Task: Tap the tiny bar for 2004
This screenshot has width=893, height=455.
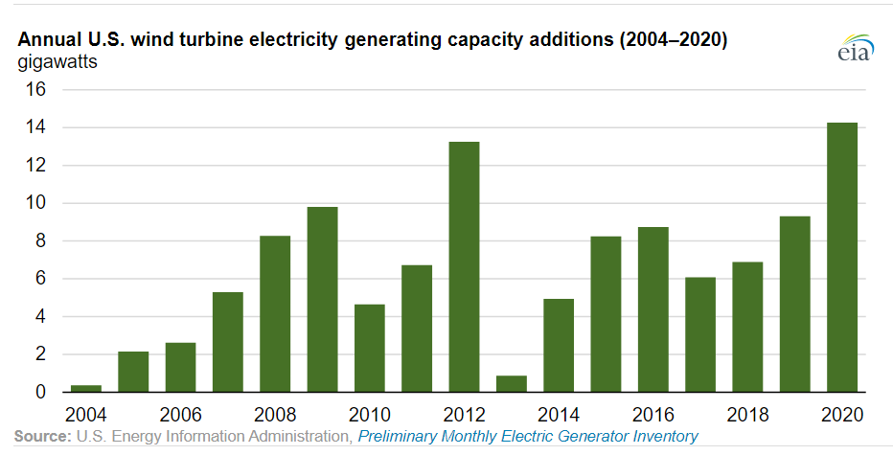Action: pos(86,388)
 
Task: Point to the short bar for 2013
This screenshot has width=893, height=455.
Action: pos(511,383)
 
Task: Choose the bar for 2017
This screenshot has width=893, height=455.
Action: pos(699,334)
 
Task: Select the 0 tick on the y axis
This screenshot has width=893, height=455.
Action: pos(40,392)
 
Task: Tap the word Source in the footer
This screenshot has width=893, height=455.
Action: pos(41,437)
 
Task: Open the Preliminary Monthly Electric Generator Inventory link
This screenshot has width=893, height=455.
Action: pos(528,437)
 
